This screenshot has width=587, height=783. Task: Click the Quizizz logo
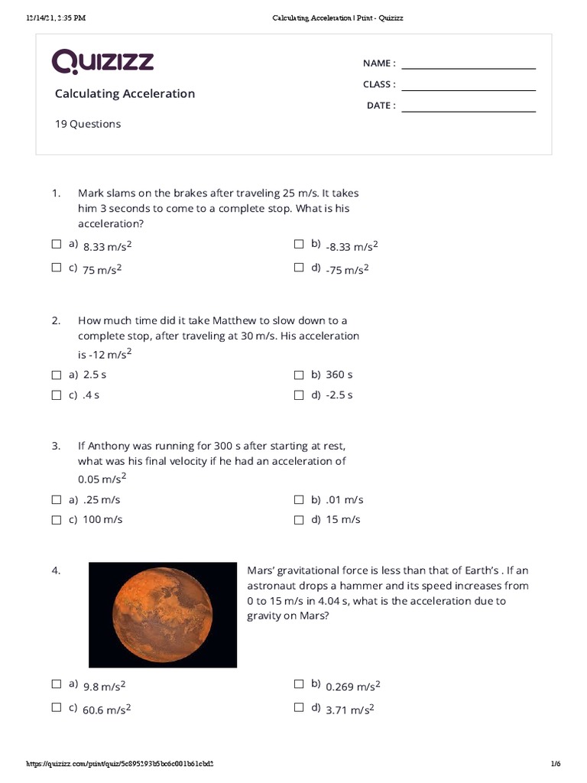(102, 62)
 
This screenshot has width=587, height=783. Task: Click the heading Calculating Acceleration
(125, 93)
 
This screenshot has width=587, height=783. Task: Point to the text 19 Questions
(87, 124)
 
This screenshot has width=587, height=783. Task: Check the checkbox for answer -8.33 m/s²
(299, 245)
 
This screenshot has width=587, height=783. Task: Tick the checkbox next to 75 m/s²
(57, 268)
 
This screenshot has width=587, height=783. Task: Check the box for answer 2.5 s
(57, 375)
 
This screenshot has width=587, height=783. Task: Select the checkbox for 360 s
(299, 375)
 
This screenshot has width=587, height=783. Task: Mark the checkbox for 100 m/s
(57, 520)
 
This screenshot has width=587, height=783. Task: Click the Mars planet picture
(163, 615)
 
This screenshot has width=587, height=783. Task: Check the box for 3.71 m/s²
(299, 708)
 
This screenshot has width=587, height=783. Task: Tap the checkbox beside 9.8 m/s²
(57, 684)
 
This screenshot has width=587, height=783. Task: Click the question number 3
(56, 446)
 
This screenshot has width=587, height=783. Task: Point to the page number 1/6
(556, 764)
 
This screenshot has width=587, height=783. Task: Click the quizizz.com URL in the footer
(120, 764)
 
